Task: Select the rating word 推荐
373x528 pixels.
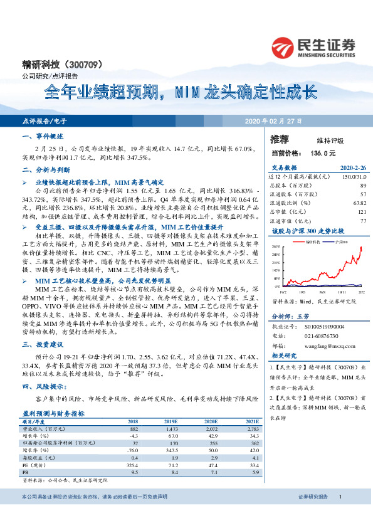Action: (x=280, y=139)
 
